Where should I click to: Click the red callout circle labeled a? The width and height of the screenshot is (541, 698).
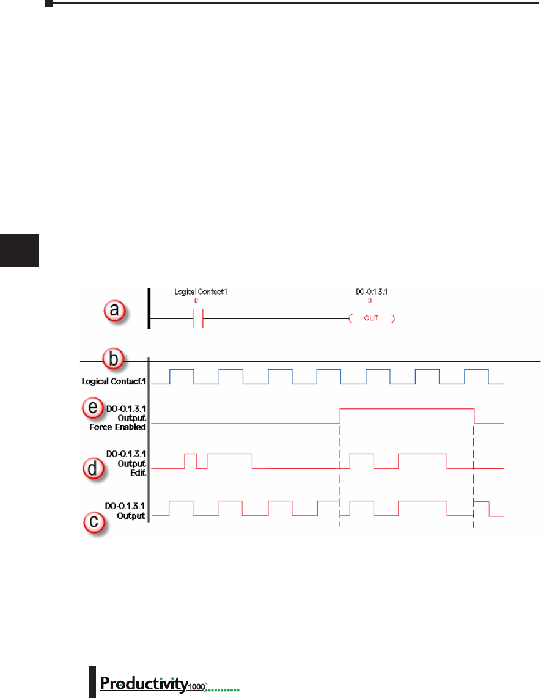114,310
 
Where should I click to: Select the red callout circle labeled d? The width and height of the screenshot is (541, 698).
92,470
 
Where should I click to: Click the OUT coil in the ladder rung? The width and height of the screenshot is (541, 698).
372,319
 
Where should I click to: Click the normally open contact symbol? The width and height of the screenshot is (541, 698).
198,319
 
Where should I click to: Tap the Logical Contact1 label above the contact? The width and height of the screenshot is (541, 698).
201,292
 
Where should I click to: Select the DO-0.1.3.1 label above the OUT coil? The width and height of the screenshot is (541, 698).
372,292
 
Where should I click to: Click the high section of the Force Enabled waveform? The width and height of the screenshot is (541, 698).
407,408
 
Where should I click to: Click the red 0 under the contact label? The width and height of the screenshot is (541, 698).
196,301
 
